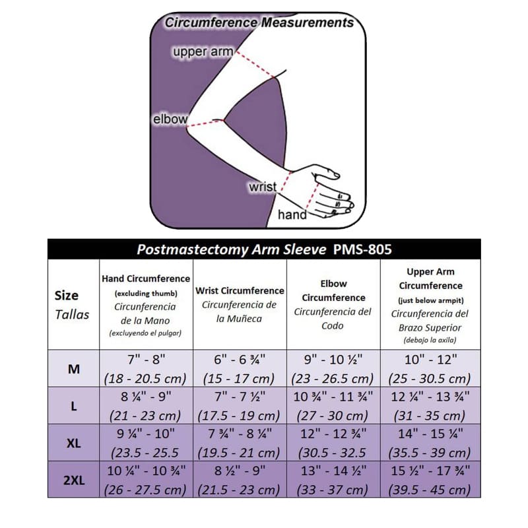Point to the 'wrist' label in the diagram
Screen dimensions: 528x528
262,187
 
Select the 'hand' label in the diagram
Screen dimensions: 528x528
292,214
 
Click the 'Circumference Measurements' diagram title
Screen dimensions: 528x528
259,22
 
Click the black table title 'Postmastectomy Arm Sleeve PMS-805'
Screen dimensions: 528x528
264,249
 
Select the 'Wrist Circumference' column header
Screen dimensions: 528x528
240,304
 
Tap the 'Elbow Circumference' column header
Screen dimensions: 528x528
333,304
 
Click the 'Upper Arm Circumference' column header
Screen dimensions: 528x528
430,305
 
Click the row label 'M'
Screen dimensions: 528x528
74,369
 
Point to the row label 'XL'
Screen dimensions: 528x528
74,443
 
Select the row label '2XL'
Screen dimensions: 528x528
74,480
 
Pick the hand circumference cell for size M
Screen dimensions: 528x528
146,369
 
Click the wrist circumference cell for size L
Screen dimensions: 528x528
240,406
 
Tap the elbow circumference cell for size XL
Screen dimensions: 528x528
333,443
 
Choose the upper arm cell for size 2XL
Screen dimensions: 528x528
430,480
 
